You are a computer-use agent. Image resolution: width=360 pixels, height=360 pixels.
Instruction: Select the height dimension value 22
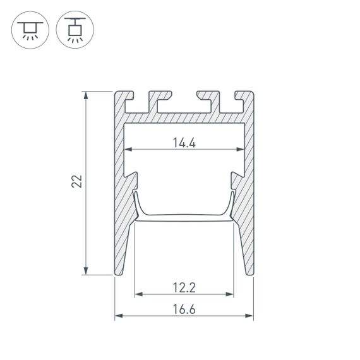click(x=76, y=183)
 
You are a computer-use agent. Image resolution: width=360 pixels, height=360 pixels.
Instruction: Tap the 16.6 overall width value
click(x=184, y=309)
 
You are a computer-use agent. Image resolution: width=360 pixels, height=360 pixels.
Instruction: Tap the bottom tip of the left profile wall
click(x=118, y=273)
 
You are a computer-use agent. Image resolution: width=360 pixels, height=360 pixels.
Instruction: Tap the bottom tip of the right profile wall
click(x=250, y=273)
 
